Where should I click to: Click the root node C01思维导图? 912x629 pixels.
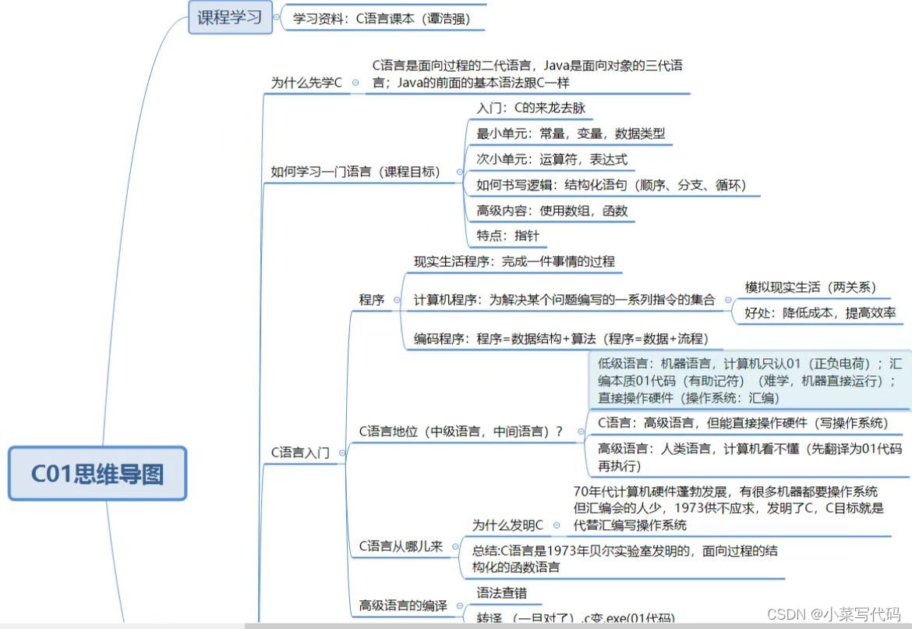pos(97,474)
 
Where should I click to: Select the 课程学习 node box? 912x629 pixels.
pos(230,17)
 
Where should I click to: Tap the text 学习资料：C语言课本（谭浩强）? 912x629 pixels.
pos(381,19)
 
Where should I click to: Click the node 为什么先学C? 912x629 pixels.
pos(306,82)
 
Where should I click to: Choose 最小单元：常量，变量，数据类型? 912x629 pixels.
pos(571,133)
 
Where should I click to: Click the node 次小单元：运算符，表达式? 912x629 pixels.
pos(551,159)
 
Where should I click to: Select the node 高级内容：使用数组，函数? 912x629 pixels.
pos(552,210)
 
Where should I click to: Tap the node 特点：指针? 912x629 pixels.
pos(507,235)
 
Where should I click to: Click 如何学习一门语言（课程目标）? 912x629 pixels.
pos(355,172)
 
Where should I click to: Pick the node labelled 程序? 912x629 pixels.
pos(372,299)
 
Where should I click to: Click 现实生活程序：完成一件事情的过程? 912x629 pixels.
pos(514,261)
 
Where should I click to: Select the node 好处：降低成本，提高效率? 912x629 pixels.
pos(820,313)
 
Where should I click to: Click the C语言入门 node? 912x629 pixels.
pos(300,452)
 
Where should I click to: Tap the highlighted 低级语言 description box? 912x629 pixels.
pos(749,380)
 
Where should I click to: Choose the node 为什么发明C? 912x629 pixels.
pos(507,524)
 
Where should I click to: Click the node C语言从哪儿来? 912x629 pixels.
pos(401,546)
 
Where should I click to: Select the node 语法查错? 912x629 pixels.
pos(501,593)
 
